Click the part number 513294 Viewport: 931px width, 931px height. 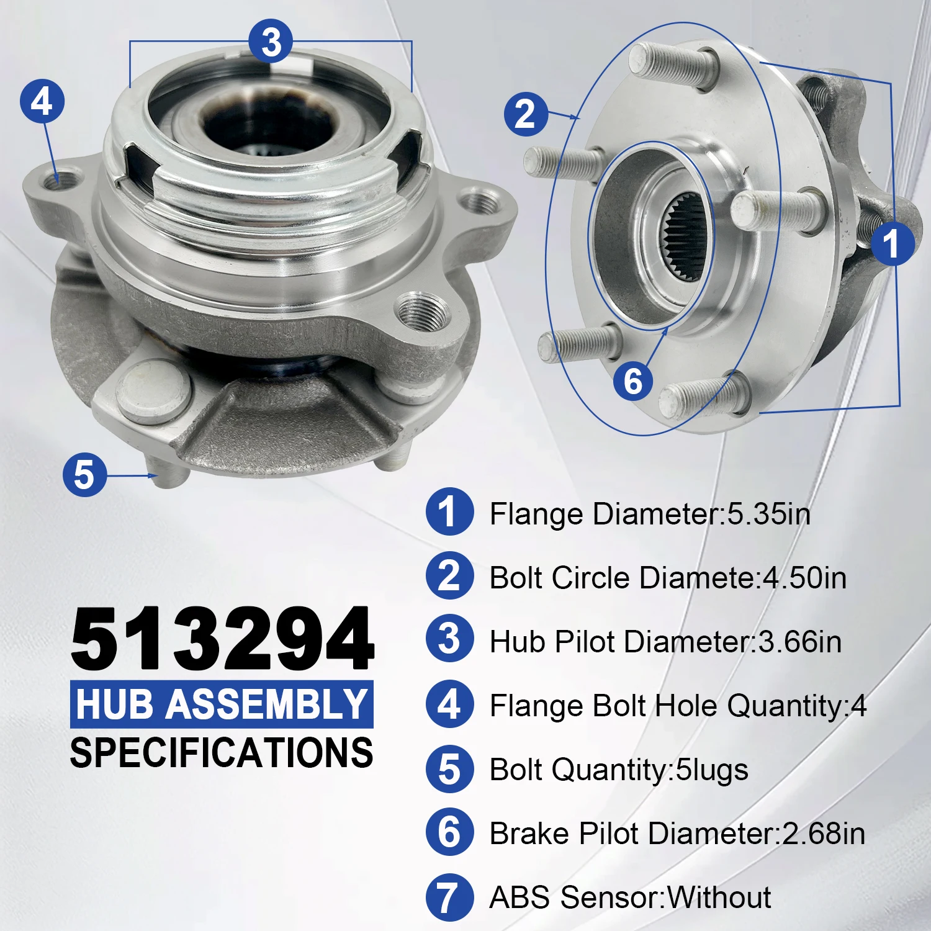click(x=222, y=639)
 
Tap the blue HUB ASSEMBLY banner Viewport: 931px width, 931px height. click(x=222, y=704)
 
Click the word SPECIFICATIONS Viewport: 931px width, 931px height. click(x=222, y=753)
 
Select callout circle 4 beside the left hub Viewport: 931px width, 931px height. click(x=42, y=101)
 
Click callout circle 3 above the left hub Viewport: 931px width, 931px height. click(x=271, y=42)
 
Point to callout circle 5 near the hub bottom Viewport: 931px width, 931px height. click(x=85, y=475)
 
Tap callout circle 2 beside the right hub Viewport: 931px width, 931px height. click(x=526, y=115)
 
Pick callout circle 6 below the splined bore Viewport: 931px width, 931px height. click(x=632, y=380)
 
